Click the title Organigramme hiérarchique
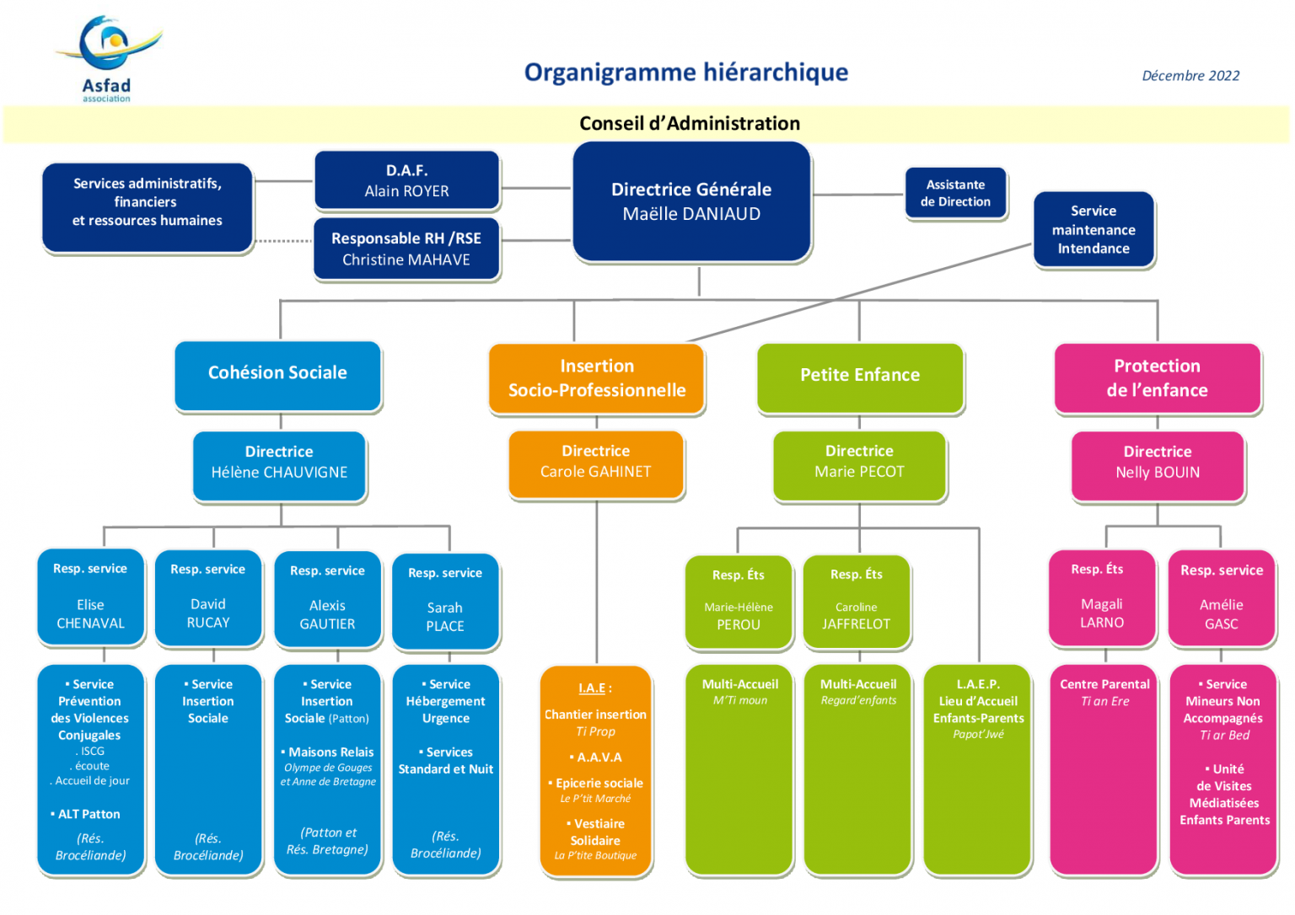coord(685,72)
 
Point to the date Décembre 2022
coord(1190,76)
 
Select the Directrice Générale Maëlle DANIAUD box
coord(691,201)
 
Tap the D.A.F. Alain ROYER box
coord(406,180)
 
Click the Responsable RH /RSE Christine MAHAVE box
coord(406,249)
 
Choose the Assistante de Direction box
coord(955,193)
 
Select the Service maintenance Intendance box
coord(1093,229)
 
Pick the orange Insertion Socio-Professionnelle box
coord(596,378)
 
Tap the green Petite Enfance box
coord(859,377)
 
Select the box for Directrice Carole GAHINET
coord(595,463)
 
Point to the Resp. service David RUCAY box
coord(208,597)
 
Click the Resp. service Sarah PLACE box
coord(445,601)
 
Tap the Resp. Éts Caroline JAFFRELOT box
coord(856,601)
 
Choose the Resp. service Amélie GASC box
coord(1221,598)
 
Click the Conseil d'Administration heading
coord(689,124)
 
